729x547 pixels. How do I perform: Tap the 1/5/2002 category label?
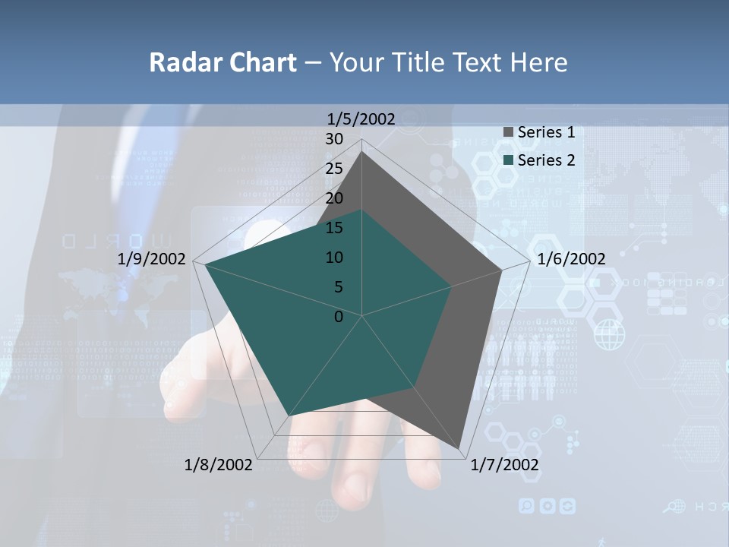[x=361, y=119]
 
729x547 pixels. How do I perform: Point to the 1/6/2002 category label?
[x=571, y=259]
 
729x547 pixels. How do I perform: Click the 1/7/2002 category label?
[x=504, y=464]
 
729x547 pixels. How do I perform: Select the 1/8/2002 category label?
[x=219, y=464]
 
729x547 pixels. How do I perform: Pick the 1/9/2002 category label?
[x=152, y=259]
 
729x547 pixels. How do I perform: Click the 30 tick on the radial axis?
[x=334, y=139]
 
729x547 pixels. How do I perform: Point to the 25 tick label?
[x=334, y=169]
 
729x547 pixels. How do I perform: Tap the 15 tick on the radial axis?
[x=334, y=228]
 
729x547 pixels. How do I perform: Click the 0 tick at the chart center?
[x=339, y=317]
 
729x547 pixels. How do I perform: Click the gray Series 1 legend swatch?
[x=508, y=133]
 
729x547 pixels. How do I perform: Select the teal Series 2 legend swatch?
[x=508, y=160]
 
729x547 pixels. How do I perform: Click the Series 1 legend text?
[x=546, y=132]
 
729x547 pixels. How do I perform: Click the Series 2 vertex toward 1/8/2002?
[x=289, y=416]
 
